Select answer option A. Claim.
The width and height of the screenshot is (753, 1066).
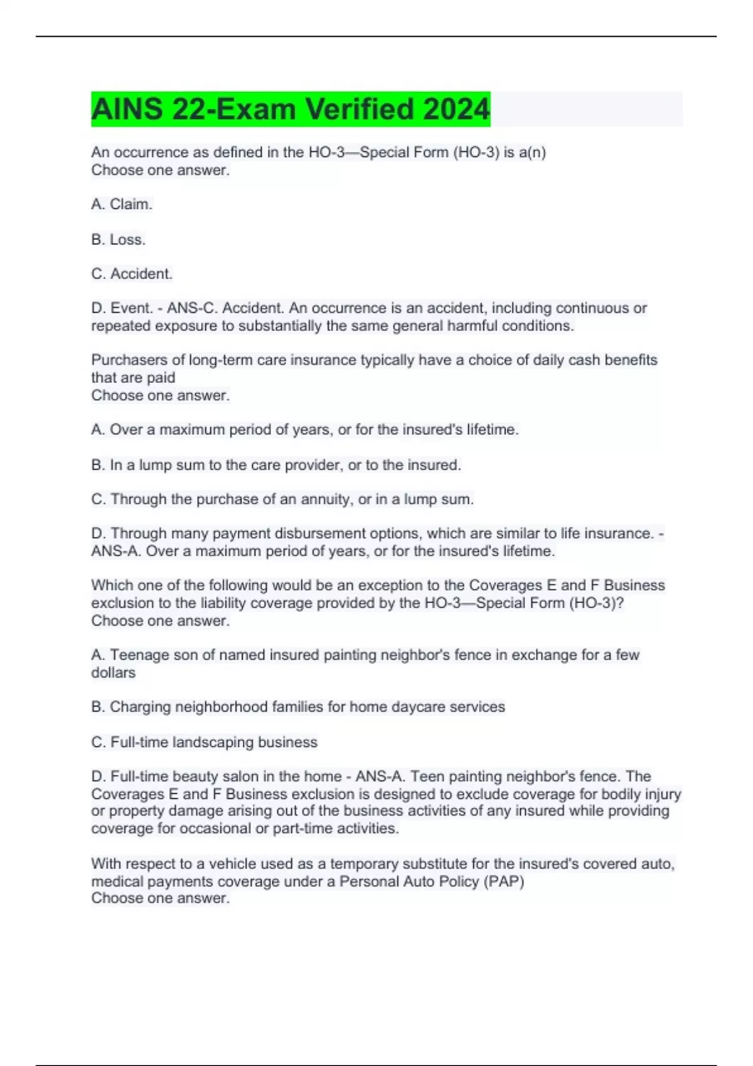(x=122, y=204)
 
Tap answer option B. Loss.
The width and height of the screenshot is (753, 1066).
(x=119, y=240)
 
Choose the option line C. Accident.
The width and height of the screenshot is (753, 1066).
(x=132, y=274)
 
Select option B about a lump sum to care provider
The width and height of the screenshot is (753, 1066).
(x=276, y=465)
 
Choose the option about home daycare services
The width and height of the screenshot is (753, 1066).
(x=298, y=707)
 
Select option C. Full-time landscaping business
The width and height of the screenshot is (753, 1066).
(x=205, y=742)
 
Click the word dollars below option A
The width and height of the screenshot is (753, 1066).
(x=114, y=673)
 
